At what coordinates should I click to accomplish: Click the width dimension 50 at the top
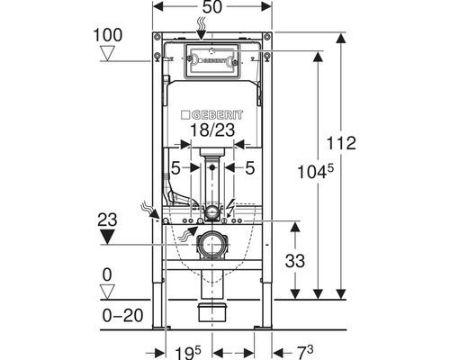[212, 7]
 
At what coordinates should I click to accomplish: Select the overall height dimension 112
[341, 143]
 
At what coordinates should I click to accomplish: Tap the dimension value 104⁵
[315, 172]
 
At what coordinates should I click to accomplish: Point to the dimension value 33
[295, 260]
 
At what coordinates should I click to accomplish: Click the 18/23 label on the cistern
[212, 130]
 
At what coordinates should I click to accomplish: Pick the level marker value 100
[108, 35]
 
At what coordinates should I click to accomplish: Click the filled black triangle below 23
[108, 237]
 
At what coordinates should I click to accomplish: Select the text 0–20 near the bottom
[122, 316]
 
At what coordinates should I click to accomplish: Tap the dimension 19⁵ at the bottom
[188, 352]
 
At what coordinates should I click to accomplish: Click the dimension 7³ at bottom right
[305, 352]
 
